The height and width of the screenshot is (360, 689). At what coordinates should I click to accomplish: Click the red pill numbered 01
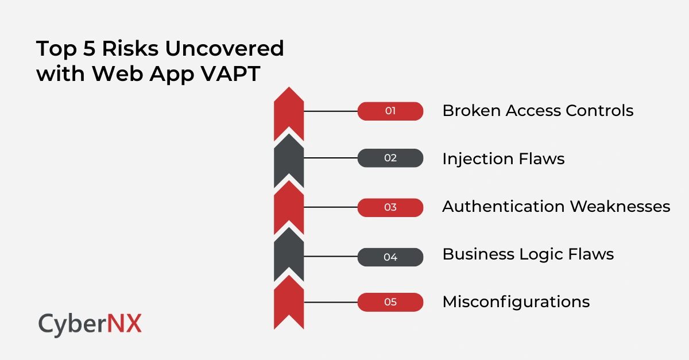point(390,111)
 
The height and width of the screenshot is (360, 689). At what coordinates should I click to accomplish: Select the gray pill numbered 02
point(390,158)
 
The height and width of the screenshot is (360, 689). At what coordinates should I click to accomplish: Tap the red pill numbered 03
point(390,207)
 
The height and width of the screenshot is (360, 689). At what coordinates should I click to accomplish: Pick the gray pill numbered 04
point(390,257)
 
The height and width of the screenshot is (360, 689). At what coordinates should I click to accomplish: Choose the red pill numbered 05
point(390,301)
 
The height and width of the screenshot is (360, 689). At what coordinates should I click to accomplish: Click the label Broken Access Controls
point(537,110)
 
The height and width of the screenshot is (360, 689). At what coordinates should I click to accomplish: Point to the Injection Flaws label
point(503,158)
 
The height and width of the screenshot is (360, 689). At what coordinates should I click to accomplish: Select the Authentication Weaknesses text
point(556,207)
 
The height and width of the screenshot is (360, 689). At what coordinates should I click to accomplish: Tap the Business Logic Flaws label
point(528,254)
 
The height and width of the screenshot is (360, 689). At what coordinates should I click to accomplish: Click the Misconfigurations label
point(516,301)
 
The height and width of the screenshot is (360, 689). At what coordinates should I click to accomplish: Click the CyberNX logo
point(90,324)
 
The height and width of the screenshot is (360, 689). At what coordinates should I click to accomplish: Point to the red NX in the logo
point(124,324)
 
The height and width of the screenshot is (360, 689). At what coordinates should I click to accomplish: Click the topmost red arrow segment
point(289,115)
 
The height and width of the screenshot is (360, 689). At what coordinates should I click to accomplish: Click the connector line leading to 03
point(330,207)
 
